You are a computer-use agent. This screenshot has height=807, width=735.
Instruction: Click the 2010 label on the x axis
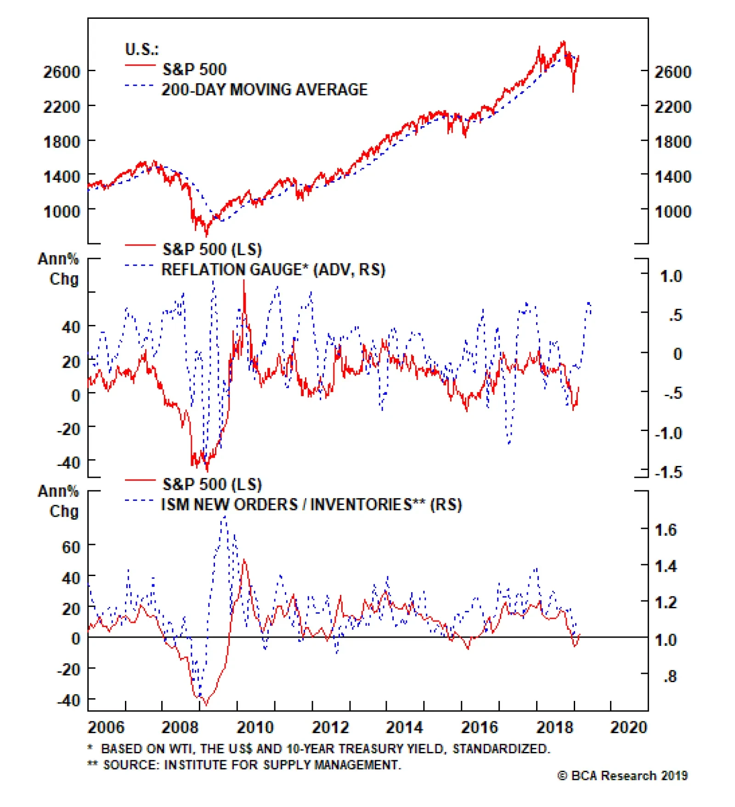coord(255,727)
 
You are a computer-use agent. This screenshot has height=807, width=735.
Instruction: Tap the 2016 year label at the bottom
coord(480,727)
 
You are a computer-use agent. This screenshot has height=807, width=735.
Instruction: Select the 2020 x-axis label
coord(628,727)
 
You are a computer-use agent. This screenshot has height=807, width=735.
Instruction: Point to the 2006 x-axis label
coord(106,727)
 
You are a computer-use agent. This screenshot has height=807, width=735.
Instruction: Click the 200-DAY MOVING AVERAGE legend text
coord(265,90)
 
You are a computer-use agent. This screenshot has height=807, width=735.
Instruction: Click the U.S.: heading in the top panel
coord(141,49)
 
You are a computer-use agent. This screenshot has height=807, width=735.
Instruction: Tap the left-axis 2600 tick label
coord(62,72)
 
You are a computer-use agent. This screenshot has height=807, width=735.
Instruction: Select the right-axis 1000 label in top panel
coord(673,212)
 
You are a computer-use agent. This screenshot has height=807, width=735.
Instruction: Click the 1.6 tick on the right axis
coord(666,530)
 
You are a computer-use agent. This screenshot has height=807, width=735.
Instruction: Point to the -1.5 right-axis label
coord(668,472)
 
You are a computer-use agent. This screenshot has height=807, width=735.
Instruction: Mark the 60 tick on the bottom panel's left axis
coord(71,547)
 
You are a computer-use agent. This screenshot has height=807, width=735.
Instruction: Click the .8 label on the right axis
coord(670,676)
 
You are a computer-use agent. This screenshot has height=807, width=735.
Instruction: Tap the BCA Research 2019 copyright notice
coord(622,776)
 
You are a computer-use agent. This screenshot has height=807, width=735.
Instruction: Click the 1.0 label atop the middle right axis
coord(671,276)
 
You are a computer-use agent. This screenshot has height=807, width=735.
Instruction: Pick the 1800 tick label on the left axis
coord(62,141)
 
